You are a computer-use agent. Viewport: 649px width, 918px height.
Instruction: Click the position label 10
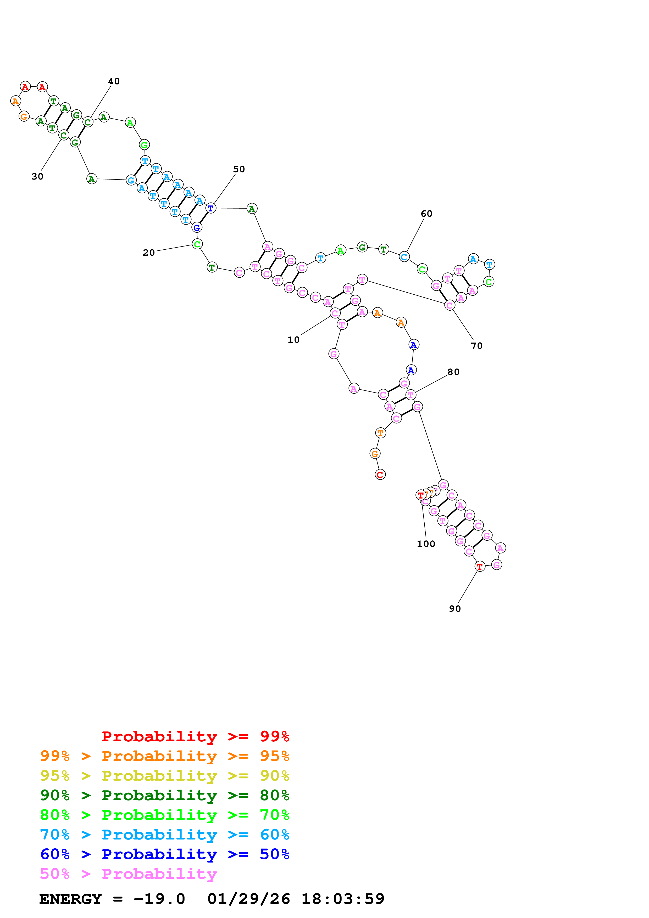pyautogui.click(x=293, y=340)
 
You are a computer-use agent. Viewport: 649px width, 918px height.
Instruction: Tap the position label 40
pyautogui.click(x=114, y=81)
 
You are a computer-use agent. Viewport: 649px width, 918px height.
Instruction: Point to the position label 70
pyautogui.click(x=477, y=346)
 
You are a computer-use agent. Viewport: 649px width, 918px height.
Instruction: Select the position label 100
pyautogui.click(x=426, y=544)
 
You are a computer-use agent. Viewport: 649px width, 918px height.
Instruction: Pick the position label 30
pyautogui.click(x=37, y=176)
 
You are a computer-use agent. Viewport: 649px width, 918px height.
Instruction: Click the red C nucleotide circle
pyautogui.click(x=380, y=475)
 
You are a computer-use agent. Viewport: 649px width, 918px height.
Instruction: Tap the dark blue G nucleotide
pyautogui.click(x=197, y=227)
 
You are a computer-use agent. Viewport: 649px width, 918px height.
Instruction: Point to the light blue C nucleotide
pyautogui.click(x=404, y=257)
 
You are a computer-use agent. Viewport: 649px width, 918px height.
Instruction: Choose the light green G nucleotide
pyautogui.click(x=144, y=145)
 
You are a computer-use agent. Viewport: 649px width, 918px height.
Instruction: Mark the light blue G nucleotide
pyautogui.click(x=131, y=180)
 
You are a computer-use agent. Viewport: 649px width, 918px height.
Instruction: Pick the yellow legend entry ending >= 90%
pyautogui.click(x=164, y=775)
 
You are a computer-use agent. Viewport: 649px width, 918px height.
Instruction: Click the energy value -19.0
pyautogui.click(x=159, y=899)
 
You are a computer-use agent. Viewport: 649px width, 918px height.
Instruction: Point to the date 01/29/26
pyautogui.click(x=248, y=899)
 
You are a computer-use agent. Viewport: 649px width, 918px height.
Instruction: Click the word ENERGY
pyautogui.click(x=70, y=899)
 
